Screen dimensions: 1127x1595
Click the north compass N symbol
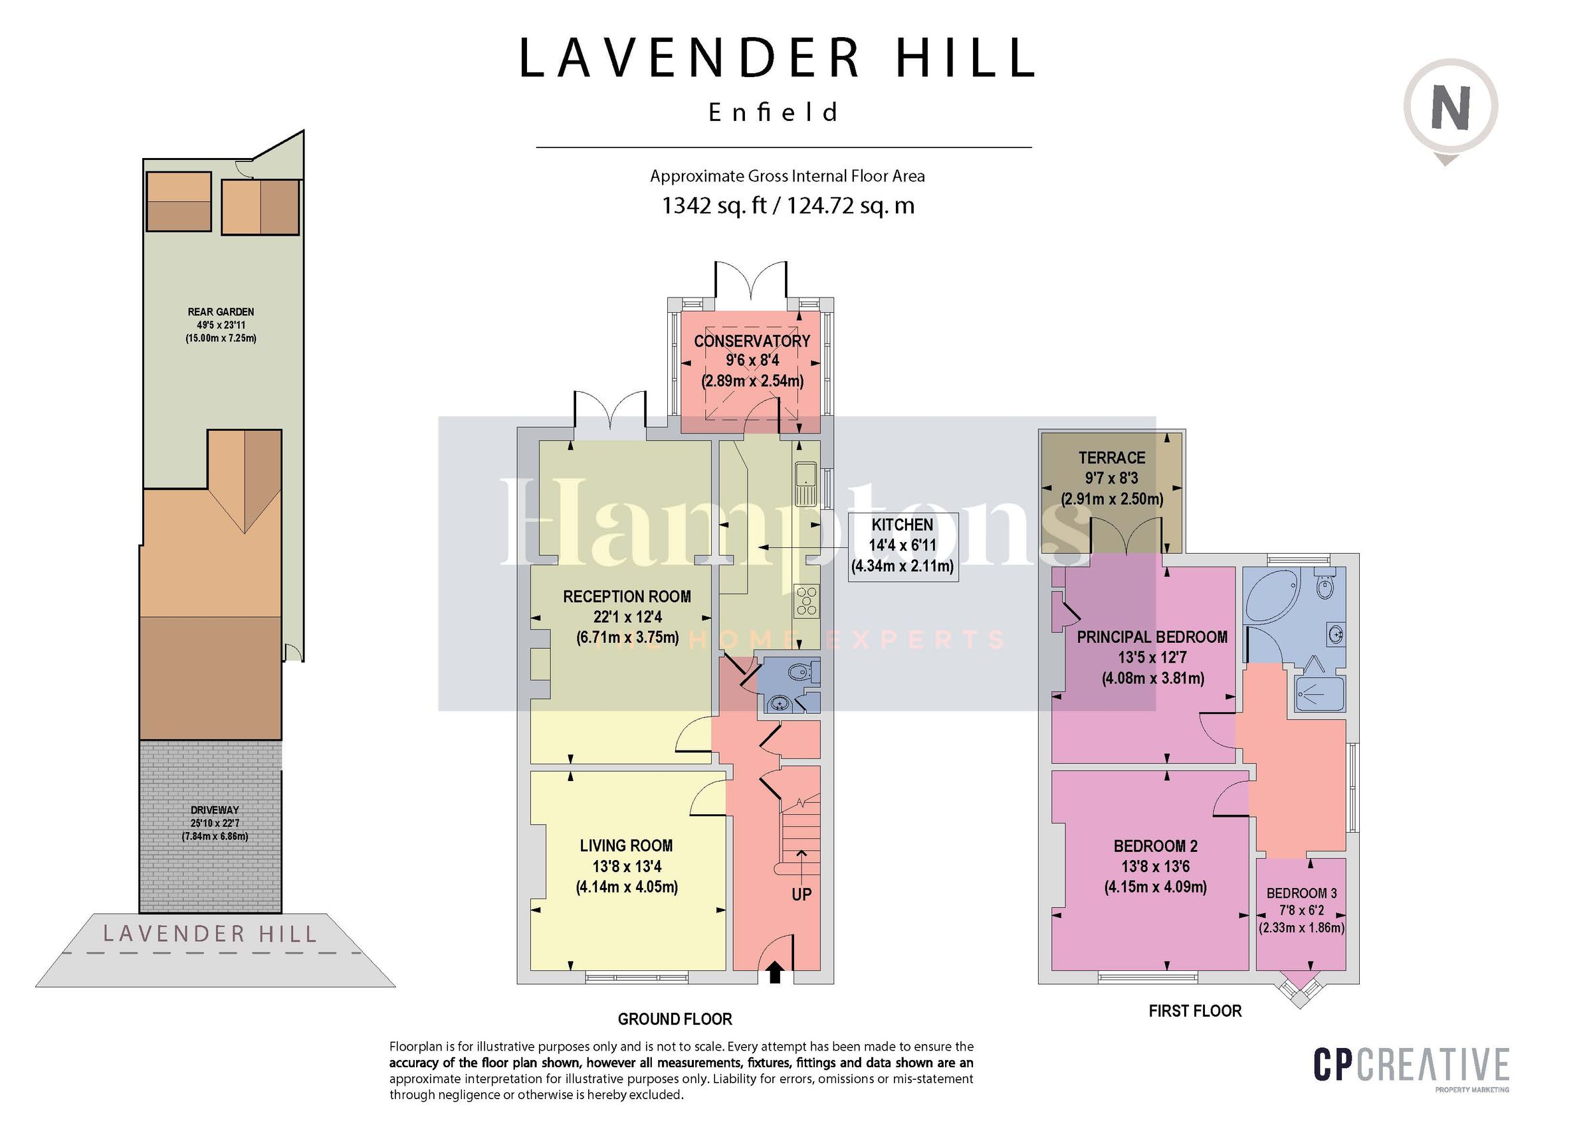tap(1451, 108)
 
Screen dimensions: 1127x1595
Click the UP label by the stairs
tap(801, 895)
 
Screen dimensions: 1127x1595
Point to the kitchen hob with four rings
tap(807, 600)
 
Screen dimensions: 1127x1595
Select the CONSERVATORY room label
tap(752, 341)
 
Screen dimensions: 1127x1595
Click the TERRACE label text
tap(1111, 458)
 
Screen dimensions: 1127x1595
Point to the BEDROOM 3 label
tap(1301, 893)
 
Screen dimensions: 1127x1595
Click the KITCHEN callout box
tap(903, 545)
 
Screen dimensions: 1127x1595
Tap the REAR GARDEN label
tap(221, 311)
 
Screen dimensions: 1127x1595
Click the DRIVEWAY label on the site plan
tap(215, 810)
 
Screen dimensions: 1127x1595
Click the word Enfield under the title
tap(773, 112)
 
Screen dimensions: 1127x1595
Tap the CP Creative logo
tap(1411, 1065)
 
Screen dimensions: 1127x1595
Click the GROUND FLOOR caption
tap(675, 1019)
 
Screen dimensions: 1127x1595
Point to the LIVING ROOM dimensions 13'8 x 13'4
tap(627, 866)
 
